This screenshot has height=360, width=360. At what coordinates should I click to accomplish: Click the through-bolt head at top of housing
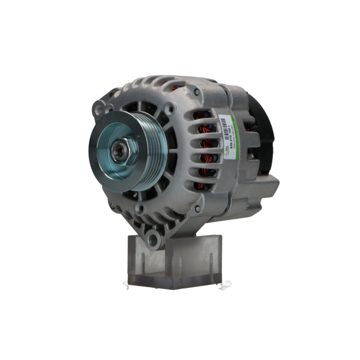tap(197, 92)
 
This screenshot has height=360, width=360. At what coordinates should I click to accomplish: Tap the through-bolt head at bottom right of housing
tap(197, 208)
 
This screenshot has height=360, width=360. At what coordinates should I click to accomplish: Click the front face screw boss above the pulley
tap(168, 107)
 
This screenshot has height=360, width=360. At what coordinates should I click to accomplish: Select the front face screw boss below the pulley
tap(140, 208)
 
